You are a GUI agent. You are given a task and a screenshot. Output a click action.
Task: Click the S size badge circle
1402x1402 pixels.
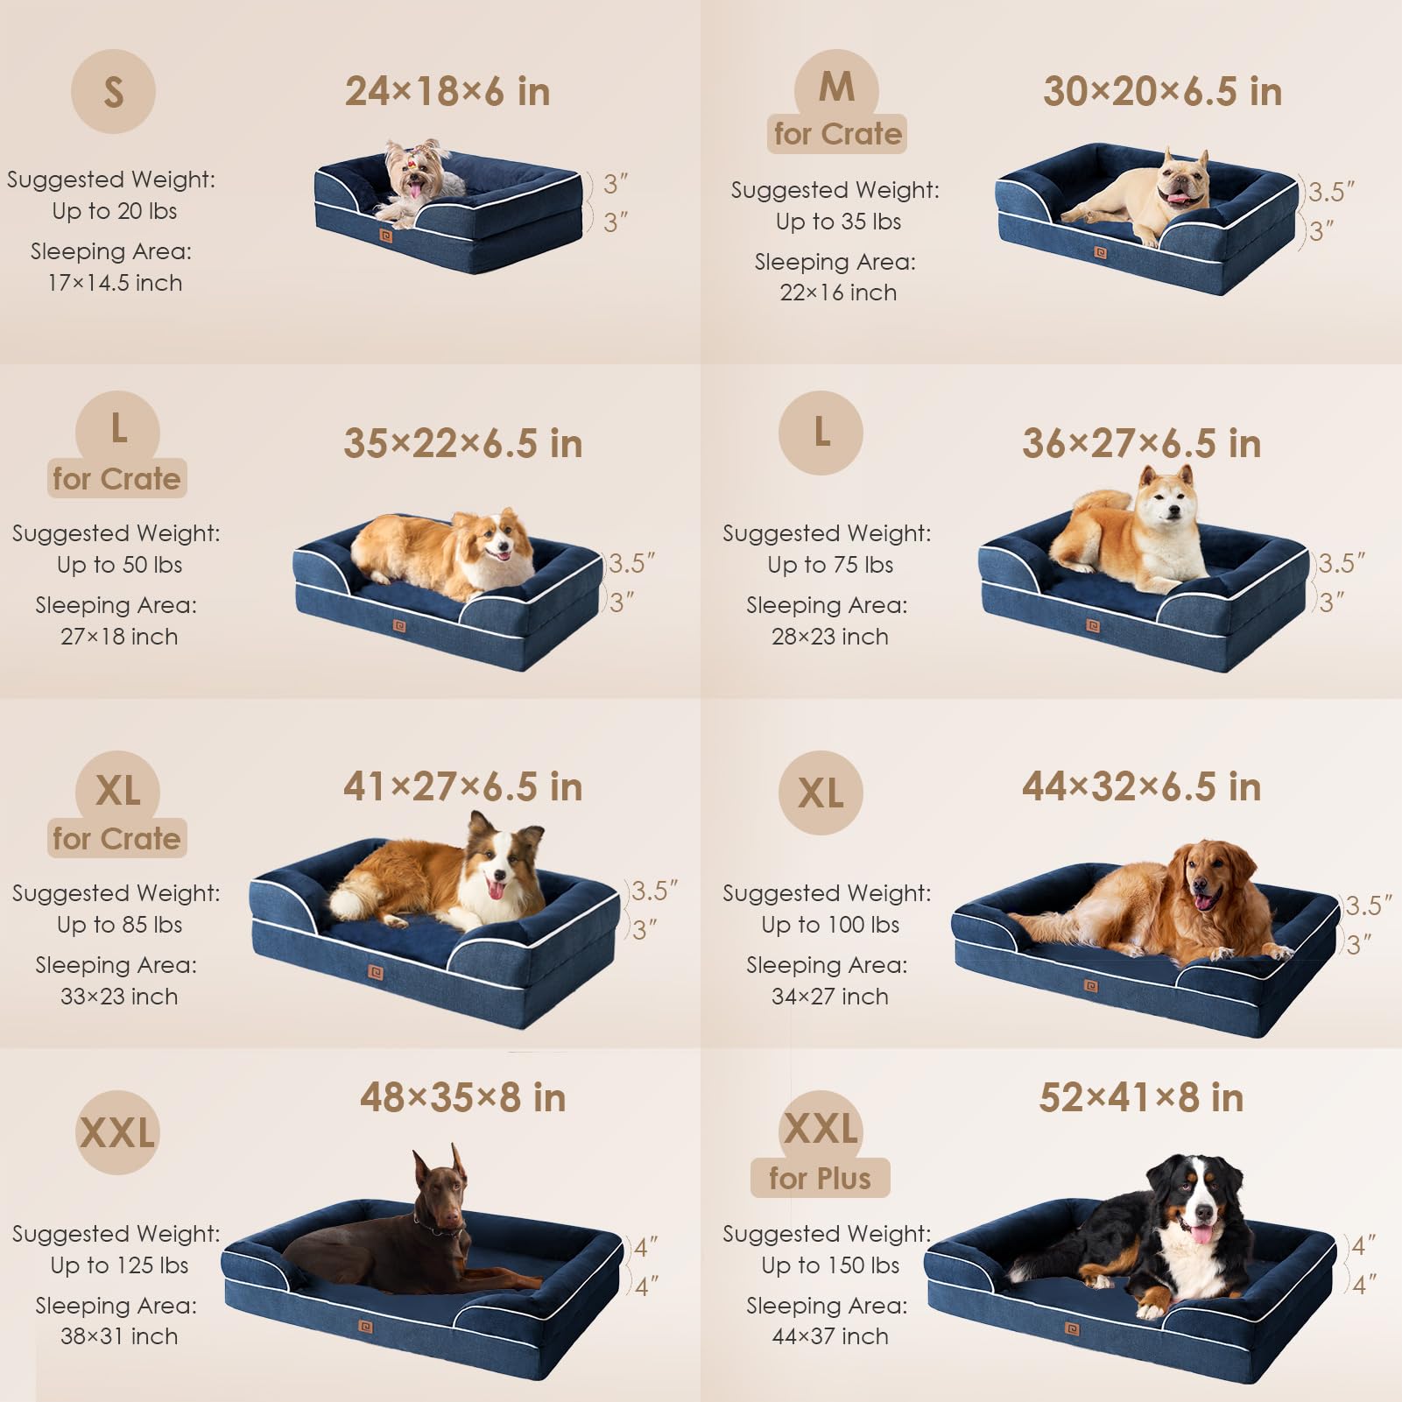tap(113, 91)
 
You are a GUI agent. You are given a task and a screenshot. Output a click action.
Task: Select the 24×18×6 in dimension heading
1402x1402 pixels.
tap(447, 92)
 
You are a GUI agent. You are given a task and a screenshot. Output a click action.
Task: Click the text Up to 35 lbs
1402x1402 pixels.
tap(838, 222)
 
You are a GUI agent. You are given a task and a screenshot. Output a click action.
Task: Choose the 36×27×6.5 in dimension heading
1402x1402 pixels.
tap(1141, 444)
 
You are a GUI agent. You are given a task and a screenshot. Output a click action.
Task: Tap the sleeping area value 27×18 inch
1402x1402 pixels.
tap(119, 637)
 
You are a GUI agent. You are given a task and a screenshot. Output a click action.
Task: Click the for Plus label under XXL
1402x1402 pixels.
tap(820, 1179)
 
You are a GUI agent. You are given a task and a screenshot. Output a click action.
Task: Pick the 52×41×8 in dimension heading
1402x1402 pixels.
tap(1141, 1097)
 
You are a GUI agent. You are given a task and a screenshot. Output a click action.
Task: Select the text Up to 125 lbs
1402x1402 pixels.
tap(119, 1265)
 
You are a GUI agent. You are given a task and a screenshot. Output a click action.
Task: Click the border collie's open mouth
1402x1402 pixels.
tap(496, 890)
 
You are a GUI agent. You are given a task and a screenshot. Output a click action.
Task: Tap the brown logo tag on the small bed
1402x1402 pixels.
tap(386, 236)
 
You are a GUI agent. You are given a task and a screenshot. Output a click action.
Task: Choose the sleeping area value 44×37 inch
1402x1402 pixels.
tap(829, 1336)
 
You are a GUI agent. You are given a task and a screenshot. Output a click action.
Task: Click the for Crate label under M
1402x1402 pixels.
tap(837, 134)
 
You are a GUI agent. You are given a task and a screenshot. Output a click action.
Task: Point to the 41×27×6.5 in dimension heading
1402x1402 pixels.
tap(462, 786)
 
